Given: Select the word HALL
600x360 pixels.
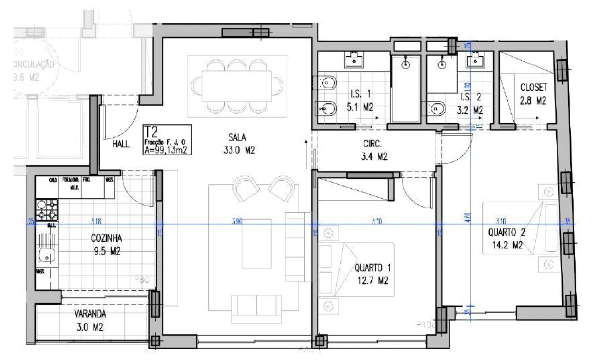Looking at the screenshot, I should [x=121, y=144].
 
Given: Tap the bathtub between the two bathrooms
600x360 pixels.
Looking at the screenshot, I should [x=407, y=88].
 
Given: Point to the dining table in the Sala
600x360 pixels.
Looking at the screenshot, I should [x=236, y=83].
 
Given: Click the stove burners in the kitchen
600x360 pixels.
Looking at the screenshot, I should [x=47, y=210].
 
